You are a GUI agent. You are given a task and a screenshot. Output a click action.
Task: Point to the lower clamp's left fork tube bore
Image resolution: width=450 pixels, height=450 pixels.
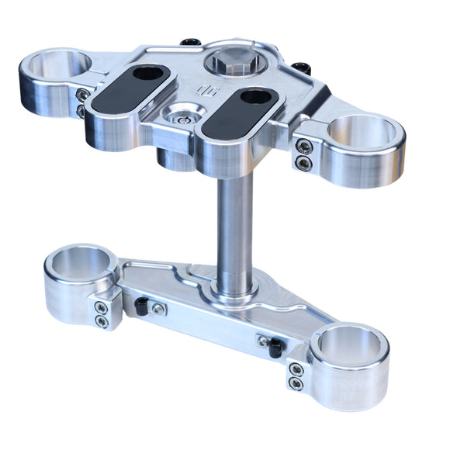(x=80, y=263)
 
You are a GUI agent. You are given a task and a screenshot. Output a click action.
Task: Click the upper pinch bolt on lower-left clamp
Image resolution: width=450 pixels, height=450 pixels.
(x=100, y=306)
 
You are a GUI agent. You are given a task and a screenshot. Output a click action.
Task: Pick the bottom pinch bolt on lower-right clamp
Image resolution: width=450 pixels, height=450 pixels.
(x=296, y=382)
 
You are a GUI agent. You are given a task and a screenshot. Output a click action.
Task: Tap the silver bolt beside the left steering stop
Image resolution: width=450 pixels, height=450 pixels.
(x=158, y=309)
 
